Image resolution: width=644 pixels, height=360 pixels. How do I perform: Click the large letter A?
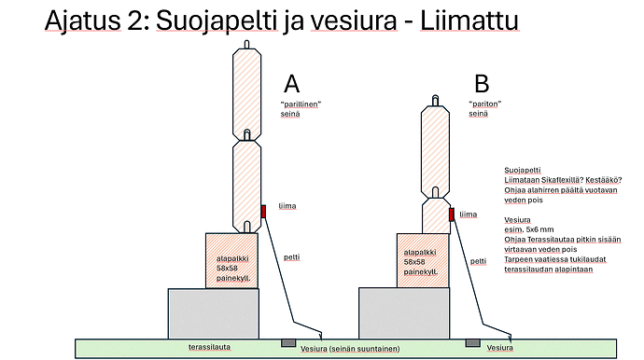point(291,84)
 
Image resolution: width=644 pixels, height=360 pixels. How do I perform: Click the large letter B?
point(482,84)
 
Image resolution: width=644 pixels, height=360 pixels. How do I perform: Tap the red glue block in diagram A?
point(264,212)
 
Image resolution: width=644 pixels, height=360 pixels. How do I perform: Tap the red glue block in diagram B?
point(452,215)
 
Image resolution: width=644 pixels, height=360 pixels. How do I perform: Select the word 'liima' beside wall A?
point(287,206)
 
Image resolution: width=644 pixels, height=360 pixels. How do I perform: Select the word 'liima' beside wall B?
point(469,215)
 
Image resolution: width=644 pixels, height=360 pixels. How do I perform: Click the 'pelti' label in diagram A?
point(291,257)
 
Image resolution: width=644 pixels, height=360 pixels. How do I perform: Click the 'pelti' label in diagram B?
point(478,261)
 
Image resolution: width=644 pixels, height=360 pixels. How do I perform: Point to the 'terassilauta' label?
point(209,347)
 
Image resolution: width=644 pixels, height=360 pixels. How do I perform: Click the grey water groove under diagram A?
point(288,343)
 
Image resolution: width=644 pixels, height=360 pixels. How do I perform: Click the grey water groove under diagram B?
point(472,343)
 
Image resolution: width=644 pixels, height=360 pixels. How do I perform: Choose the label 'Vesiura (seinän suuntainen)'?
point(350,349)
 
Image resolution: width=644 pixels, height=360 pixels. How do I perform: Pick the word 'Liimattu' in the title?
point(469,21)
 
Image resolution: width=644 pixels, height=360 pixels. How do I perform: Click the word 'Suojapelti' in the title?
point(217,21)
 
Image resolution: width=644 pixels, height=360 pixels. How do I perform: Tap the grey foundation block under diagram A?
point(214,313)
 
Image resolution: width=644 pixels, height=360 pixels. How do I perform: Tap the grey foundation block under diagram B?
point(404,313)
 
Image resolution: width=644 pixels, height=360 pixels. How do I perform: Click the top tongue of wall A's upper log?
point(246,45)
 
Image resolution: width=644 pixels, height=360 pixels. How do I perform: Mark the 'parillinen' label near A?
point(301,104)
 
